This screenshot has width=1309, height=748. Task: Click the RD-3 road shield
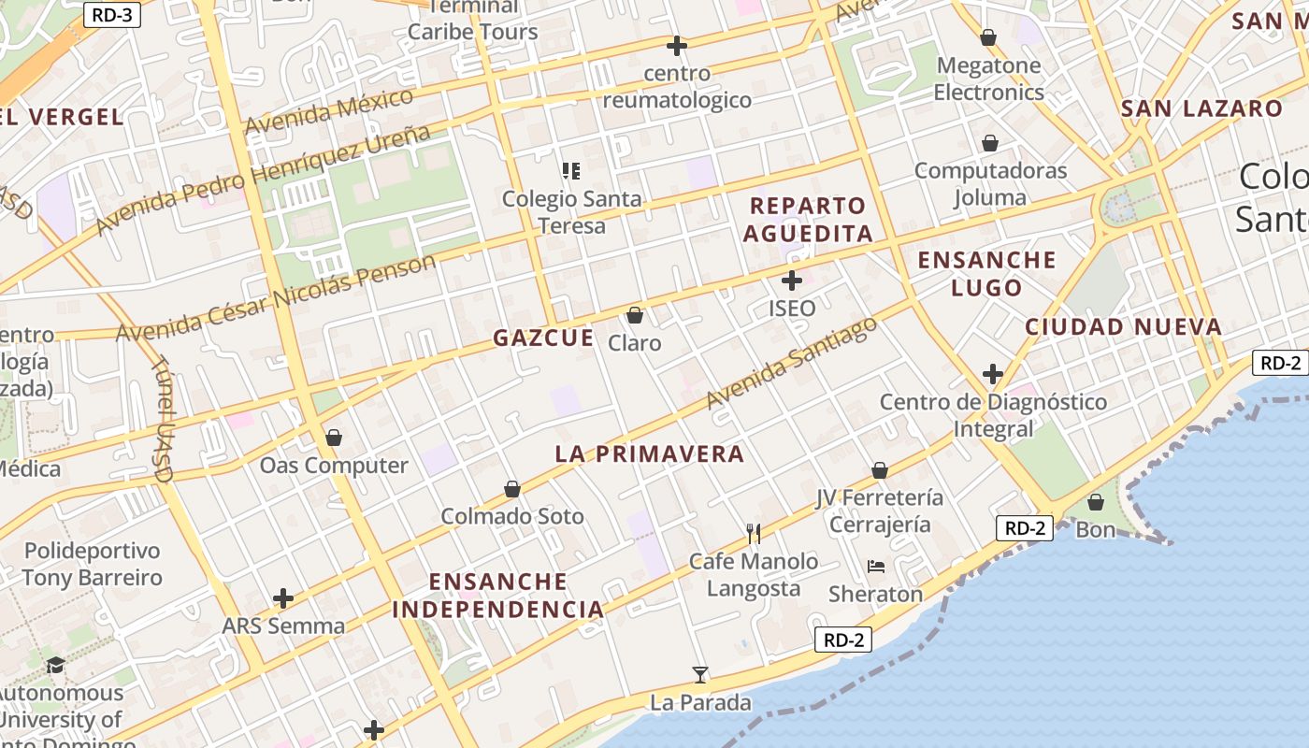(x=111, y=14)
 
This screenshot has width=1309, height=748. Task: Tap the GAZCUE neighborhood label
(x=543, y=338)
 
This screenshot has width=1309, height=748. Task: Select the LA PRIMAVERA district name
(x=650, y=454)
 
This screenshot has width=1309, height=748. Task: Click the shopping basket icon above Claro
(x=635, y=315)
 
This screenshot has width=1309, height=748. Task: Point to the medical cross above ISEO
(x=792, y=280)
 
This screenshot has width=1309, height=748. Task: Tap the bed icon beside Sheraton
(x=876, y=567)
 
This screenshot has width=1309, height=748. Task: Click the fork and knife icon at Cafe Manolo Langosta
(x=754, y=533)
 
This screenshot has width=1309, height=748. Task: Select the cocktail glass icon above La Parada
(x=699, y=674)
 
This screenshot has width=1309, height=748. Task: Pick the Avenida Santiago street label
(x=792, y=364)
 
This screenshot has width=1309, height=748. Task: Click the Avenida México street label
(x=329, y=112)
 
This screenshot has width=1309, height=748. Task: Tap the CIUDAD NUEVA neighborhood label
(x=1123, y=327)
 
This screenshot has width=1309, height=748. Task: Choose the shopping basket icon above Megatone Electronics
(x=988, y=37)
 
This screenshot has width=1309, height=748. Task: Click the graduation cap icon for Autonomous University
(x=56, y=665)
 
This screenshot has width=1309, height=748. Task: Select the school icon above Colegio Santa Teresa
(x=570, y=170)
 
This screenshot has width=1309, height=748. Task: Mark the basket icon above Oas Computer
(x=334, y=438)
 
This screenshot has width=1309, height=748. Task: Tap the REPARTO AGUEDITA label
(x=808, y=219)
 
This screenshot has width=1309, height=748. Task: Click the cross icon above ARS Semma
(x=283, y=597)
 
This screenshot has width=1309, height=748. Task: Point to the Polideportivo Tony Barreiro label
(x=92, y=564)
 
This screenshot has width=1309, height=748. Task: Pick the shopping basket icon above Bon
(x=1096, y=502)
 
